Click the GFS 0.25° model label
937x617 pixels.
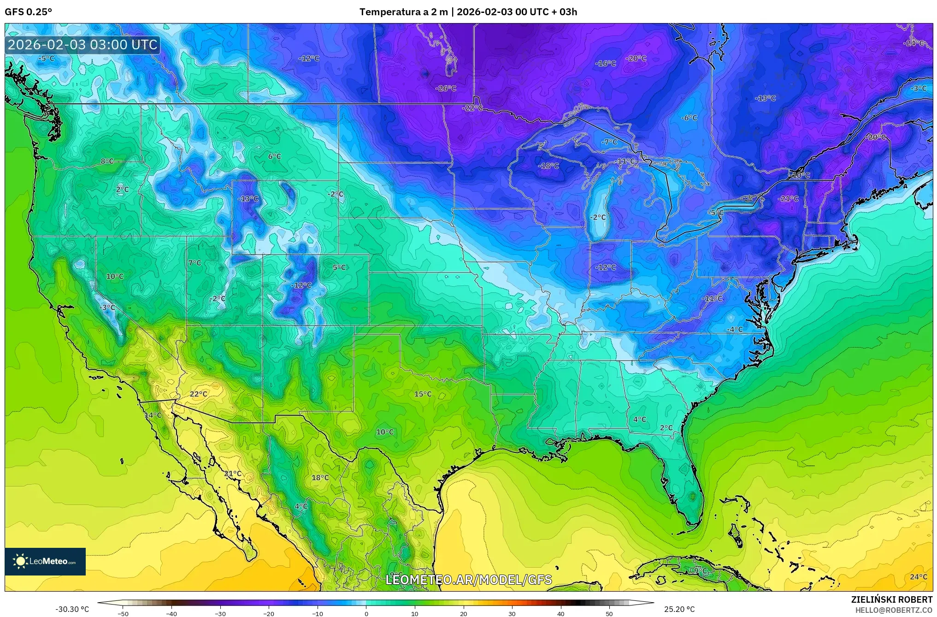tap(28, 12)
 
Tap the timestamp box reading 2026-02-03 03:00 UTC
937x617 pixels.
tap(83, 45)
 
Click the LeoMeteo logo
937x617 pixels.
tap(45, 561)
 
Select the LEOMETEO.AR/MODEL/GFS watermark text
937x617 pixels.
tap(468, 580)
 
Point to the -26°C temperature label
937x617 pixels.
tap(446, 88)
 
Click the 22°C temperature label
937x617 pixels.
tap(198, 394)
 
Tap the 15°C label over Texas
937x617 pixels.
tap(423, 394)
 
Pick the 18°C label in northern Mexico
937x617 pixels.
tap(320, 478)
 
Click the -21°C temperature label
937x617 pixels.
tap(788, 199)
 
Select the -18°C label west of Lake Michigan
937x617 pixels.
tap(548, 166)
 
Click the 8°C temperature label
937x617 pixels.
tap(107, 161)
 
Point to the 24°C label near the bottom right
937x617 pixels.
tap(918, 577)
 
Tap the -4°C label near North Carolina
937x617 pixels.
tap(735, 329)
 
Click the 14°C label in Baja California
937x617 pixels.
tap(153, 415)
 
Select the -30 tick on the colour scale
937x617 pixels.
tap(220, 614)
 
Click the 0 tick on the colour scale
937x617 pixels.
tap(366, 614)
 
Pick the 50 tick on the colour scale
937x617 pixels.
tap(609, 614)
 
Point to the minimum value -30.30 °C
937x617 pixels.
tap(72, 609)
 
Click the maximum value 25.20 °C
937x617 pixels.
tap(679, 609)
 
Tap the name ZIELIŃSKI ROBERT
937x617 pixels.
tap(891, 599)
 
